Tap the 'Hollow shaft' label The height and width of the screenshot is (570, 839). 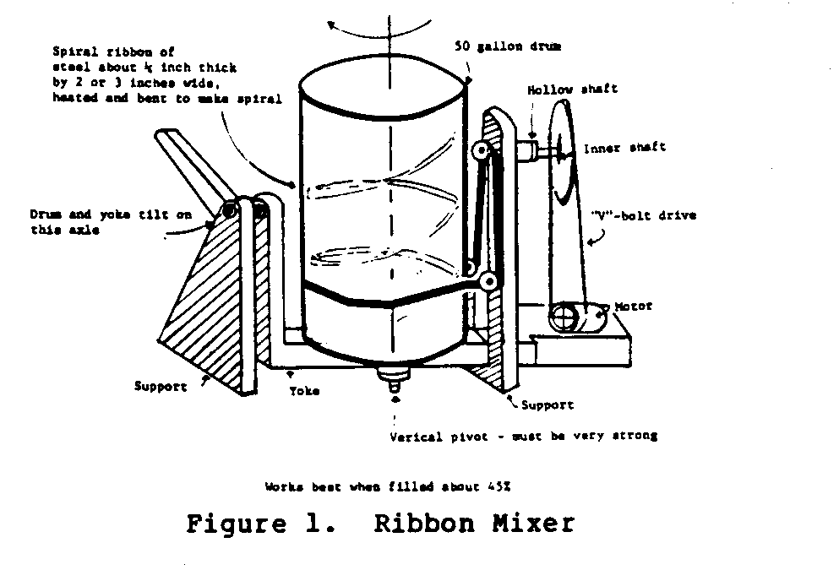[x=561, y=89]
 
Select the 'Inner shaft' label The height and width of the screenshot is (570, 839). [x=624, y=148]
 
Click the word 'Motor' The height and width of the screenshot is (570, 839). [x=634, y=307]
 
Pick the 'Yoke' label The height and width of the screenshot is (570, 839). [x=304, y=391]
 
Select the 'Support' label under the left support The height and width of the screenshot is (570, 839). [x=161, y=387]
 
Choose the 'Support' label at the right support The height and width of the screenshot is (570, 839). [x=547, y=405]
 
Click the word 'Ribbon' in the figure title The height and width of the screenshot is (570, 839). [x=422, y=524]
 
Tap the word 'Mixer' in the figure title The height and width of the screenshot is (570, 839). [x=531, y=524]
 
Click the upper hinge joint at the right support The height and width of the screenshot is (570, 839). [x=481, y=152]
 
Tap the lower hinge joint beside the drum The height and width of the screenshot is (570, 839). [x=488, y=282]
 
